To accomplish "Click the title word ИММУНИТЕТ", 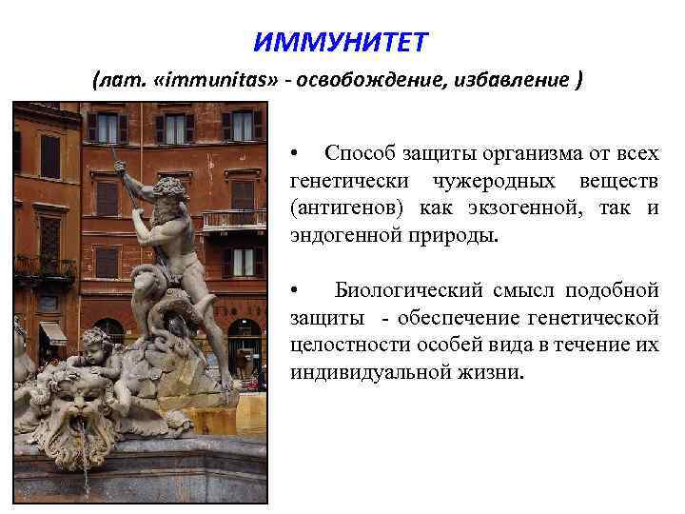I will [342, 43].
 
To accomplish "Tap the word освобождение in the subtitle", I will [365, 81].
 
